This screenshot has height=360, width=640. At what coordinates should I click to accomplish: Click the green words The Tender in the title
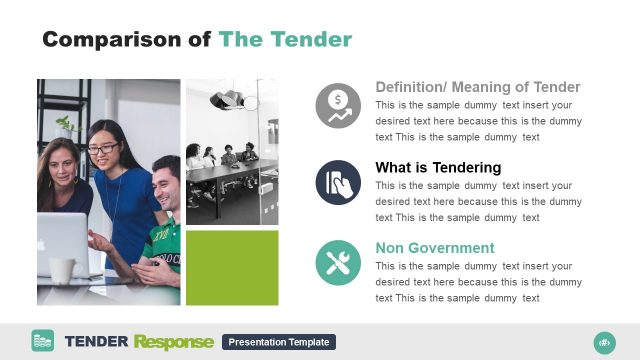(285, 39)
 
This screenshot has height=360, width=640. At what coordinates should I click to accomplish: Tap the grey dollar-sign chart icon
(338, 105)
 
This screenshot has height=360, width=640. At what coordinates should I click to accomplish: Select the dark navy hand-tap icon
(338, 183)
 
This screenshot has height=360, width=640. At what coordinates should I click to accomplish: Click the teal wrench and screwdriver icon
(338, 263)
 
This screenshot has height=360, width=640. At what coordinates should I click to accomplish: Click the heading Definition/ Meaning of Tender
(477, 87)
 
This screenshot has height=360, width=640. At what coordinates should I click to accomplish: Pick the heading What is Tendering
(438, 167)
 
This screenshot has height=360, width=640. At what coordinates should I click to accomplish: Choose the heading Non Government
(434, 248)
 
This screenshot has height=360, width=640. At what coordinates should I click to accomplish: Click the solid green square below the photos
(232, 268)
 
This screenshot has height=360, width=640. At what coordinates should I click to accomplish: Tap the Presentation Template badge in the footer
(279, 342)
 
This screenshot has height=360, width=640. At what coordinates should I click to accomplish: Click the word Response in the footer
(173, 342)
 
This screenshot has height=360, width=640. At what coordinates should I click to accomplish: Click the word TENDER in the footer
(96, 342)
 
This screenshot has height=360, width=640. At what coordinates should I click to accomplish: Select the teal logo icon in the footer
(42, 341)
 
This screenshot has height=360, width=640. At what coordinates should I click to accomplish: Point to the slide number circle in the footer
(604, 342)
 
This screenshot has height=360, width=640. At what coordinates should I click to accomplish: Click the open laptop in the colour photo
(62, 243)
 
